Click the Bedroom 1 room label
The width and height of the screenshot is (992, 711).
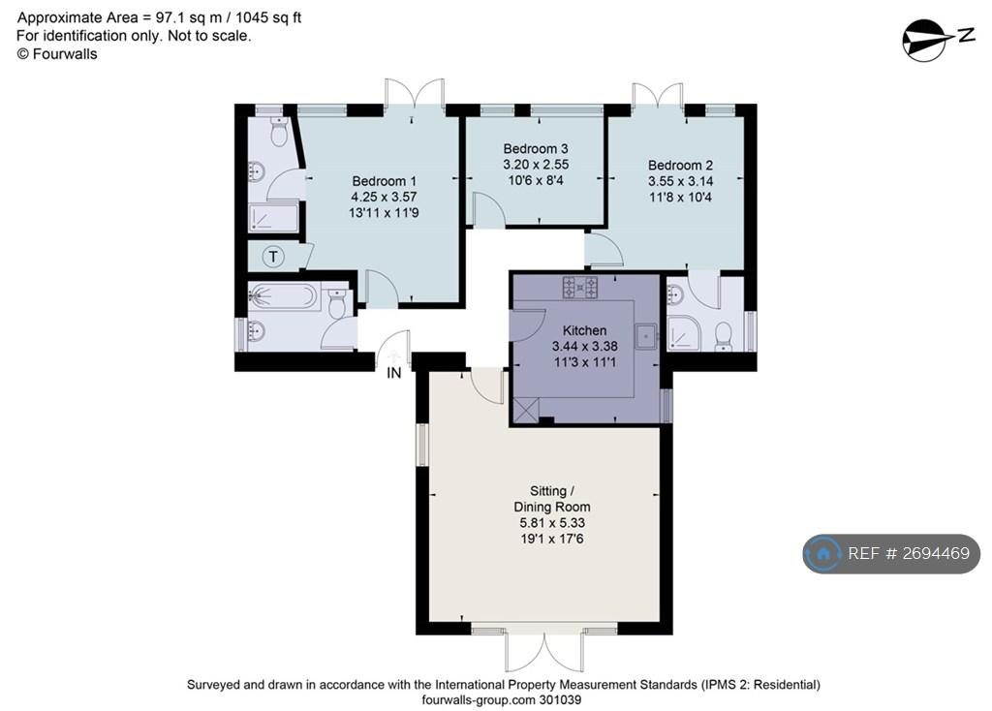384,181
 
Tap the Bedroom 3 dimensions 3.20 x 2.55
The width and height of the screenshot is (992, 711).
536,165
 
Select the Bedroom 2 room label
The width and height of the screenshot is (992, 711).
680,165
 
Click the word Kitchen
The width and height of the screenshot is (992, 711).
584,330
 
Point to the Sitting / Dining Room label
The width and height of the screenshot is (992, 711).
551,499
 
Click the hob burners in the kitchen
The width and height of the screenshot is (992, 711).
580,287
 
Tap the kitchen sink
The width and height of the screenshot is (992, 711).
646,336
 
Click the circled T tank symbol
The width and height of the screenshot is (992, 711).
273,256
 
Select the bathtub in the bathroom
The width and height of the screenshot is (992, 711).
284,295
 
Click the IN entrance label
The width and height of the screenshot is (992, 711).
394,373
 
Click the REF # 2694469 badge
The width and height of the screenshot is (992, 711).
891,553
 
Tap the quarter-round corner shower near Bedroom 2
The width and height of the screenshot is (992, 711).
684,332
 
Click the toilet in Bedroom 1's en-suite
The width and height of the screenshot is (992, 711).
278,131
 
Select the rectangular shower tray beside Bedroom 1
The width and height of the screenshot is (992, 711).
272,218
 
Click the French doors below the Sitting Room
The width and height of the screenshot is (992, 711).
544,652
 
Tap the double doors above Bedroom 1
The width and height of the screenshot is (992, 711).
415,93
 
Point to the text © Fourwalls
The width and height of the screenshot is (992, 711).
57,54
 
